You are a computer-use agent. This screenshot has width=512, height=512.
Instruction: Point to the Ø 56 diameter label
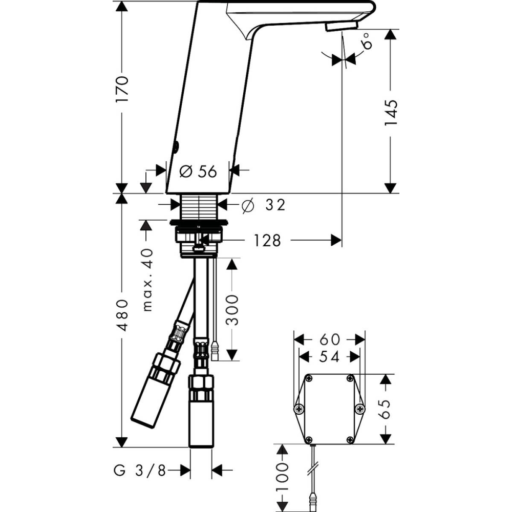point(199,172)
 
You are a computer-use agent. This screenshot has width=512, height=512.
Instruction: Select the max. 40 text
point(147,281)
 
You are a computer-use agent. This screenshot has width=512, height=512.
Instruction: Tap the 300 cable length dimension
point(232,309)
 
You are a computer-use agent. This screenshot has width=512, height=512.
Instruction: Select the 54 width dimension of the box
point(329,357)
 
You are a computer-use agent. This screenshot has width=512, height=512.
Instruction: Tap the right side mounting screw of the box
point(360,409)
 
